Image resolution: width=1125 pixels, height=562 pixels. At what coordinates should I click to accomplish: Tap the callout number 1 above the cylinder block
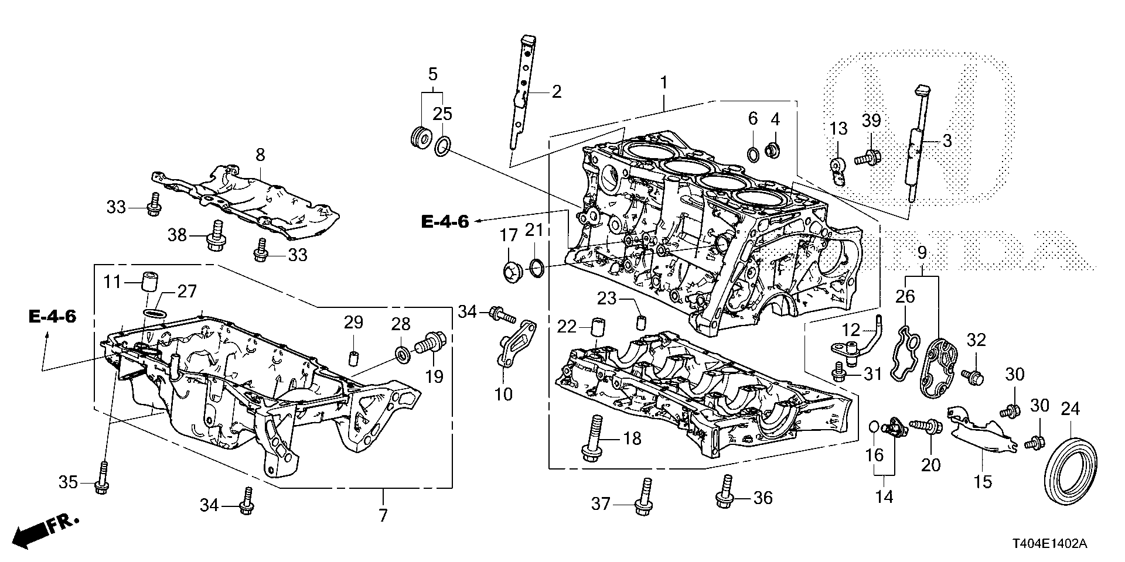point(664,83)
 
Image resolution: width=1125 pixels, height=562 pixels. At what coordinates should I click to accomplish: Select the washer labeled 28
point(403,354)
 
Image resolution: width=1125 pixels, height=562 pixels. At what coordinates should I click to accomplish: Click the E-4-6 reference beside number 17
point(445,222)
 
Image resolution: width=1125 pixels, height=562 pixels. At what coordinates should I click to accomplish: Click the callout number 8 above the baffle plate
point(260,155)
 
